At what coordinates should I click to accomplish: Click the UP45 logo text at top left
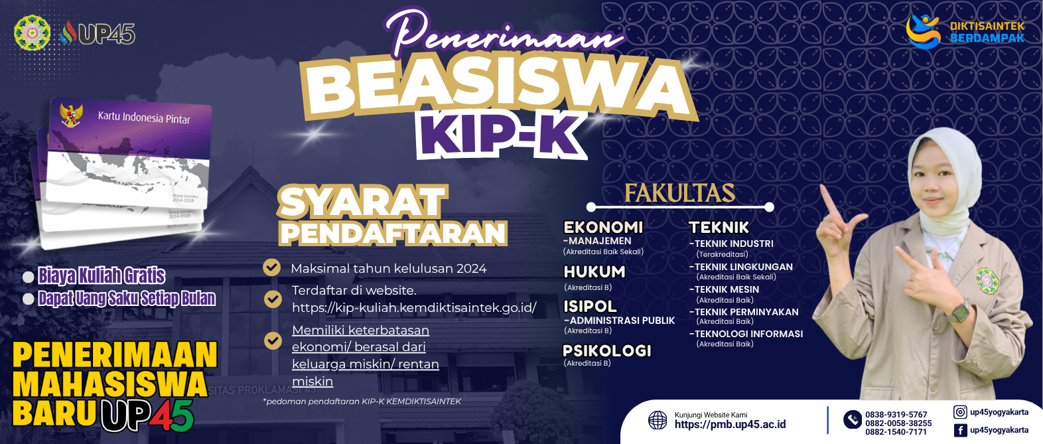(x=106, y=33)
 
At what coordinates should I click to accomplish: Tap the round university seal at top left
(x=32, y=32)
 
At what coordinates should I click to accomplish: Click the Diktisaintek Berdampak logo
(x=965, y=32)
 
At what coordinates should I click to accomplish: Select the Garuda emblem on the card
(x=71, y=114)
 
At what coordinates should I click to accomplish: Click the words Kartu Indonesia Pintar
(x=144, y=117)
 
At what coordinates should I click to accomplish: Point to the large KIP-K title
(x=502, y=135)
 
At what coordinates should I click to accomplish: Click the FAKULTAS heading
(x=679, y=194)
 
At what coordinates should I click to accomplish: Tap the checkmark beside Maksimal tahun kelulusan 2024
(x=272, y=267)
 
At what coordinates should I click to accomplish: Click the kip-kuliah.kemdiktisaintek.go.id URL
(x=414, y=308)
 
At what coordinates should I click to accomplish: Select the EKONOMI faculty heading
(x=603, y=227)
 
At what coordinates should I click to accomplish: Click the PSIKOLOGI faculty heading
(x=607, y=350)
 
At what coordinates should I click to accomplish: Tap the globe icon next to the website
(x=658, y=420)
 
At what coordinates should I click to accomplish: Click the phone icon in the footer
(x=853, y=420)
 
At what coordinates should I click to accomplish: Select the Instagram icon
(x=960, y=412)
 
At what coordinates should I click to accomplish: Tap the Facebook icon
(x=960, y=430)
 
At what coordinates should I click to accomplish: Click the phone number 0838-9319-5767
(x=896, y=415)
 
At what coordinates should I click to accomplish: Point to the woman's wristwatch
(x=957, y=311)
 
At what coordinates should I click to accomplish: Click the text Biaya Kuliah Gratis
(x=102, y=275)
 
